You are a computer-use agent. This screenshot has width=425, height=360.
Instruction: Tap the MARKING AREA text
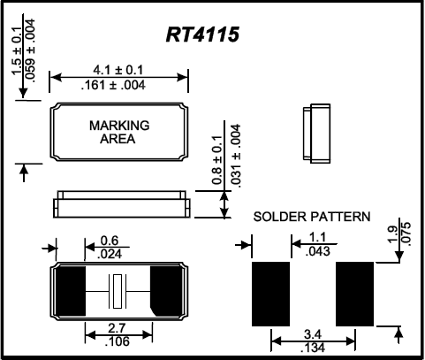pyautogui.click(x=119, y=133)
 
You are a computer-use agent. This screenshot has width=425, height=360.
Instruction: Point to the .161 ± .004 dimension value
pyautogui.click(x=119, y=85)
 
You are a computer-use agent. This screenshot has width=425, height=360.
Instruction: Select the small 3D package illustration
pyautogui.click(x=315, y=134)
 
